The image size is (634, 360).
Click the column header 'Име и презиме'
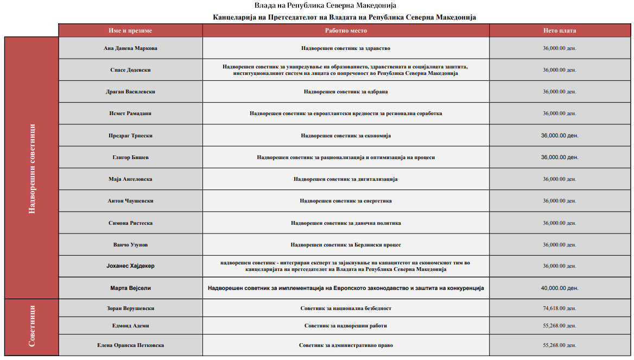130,31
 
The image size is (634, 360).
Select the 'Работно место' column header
346,31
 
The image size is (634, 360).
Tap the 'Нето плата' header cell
559,31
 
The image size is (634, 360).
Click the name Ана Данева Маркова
130,48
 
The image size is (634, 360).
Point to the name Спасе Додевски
130,70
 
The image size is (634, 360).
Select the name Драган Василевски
130,92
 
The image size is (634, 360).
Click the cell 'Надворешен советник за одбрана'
346,92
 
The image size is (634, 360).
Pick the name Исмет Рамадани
130,113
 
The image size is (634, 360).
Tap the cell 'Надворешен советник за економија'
346,136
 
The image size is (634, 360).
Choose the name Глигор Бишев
130,157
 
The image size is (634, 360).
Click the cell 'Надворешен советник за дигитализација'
346,179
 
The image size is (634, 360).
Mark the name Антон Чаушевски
130,201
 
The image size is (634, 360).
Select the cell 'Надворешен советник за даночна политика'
346,223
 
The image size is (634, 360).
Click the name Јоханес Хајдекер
130,266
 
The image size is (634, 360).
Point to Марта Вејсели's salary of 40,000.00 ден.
559,288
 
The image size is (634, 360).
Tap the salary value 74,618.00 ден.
559,308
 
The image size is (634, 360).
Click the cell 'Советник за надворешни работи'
346,326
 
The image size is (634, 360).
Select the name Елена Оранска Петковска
130,345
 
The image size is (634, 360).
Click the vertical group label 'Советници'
31,326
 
